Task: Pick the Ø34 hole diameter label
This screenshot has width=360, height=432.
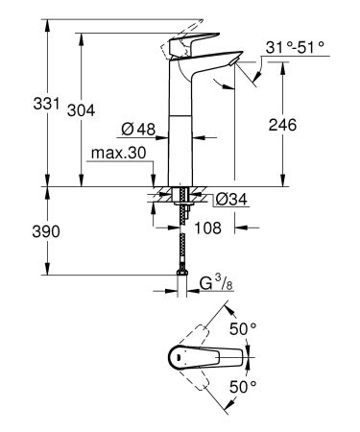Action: click(x=228, y=199)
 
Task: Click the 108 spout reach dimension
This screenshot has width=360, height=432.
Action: click(x=209, y=228)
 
